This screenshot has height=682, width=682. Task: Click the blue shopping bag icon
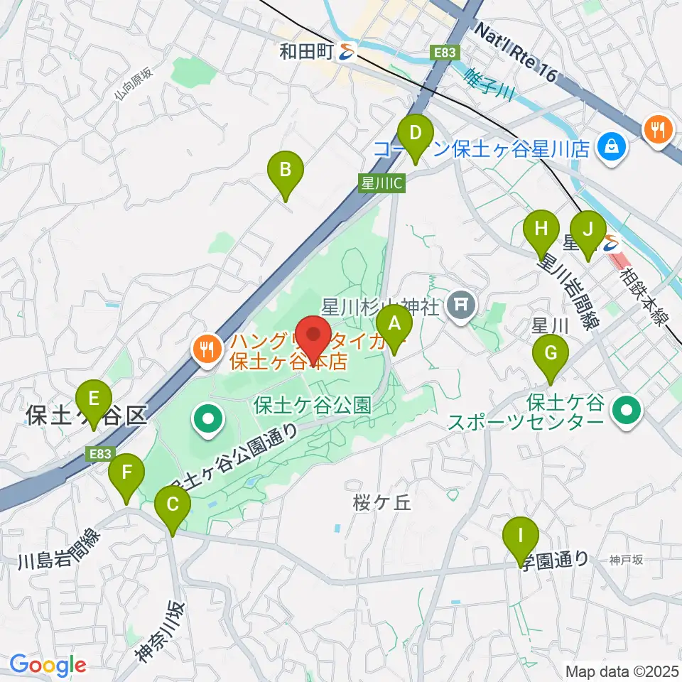click(610, 148)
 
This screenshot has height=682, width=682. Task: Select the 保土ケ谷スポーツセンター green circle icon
click(627, 409)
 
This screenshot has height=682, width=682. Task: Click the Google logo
click(48, 666)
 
